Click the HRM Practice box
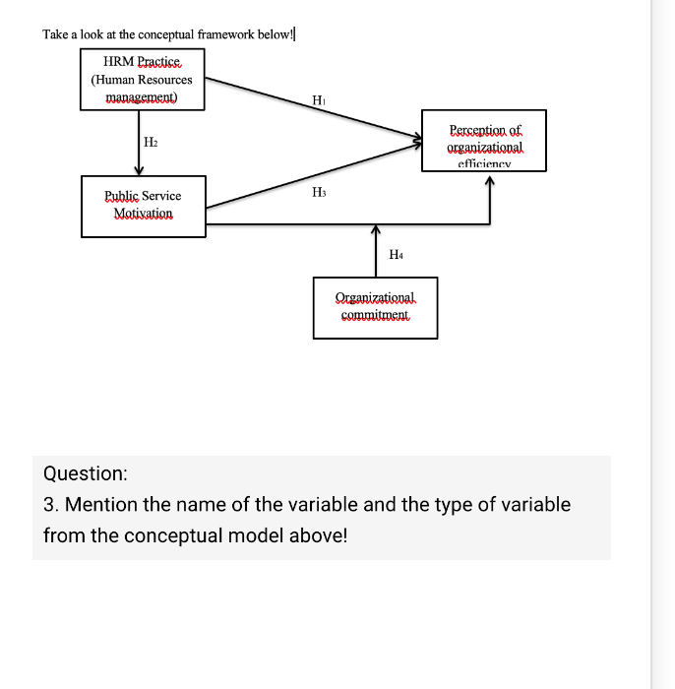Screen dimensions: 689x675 142,79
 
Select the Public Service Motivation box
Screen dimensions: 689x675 143,205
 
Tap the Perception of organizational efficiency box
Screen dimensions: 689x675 484,141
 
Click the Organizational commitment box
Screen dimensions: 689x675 375,305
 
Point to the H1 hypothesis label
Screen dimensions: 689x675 318,99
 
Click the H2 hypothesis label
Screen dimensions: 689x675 151,143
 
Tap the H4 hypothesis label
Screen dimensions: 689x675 396,255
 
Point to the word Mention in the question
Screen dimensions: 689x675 101,505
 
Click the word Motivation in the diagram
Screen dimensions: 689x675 143,214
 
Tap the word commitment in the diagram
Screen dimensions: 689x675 375,316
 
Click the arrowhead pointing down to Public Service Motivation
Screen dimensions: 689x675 138,170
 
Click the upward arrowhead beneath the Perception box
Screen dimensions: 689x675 489,184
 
